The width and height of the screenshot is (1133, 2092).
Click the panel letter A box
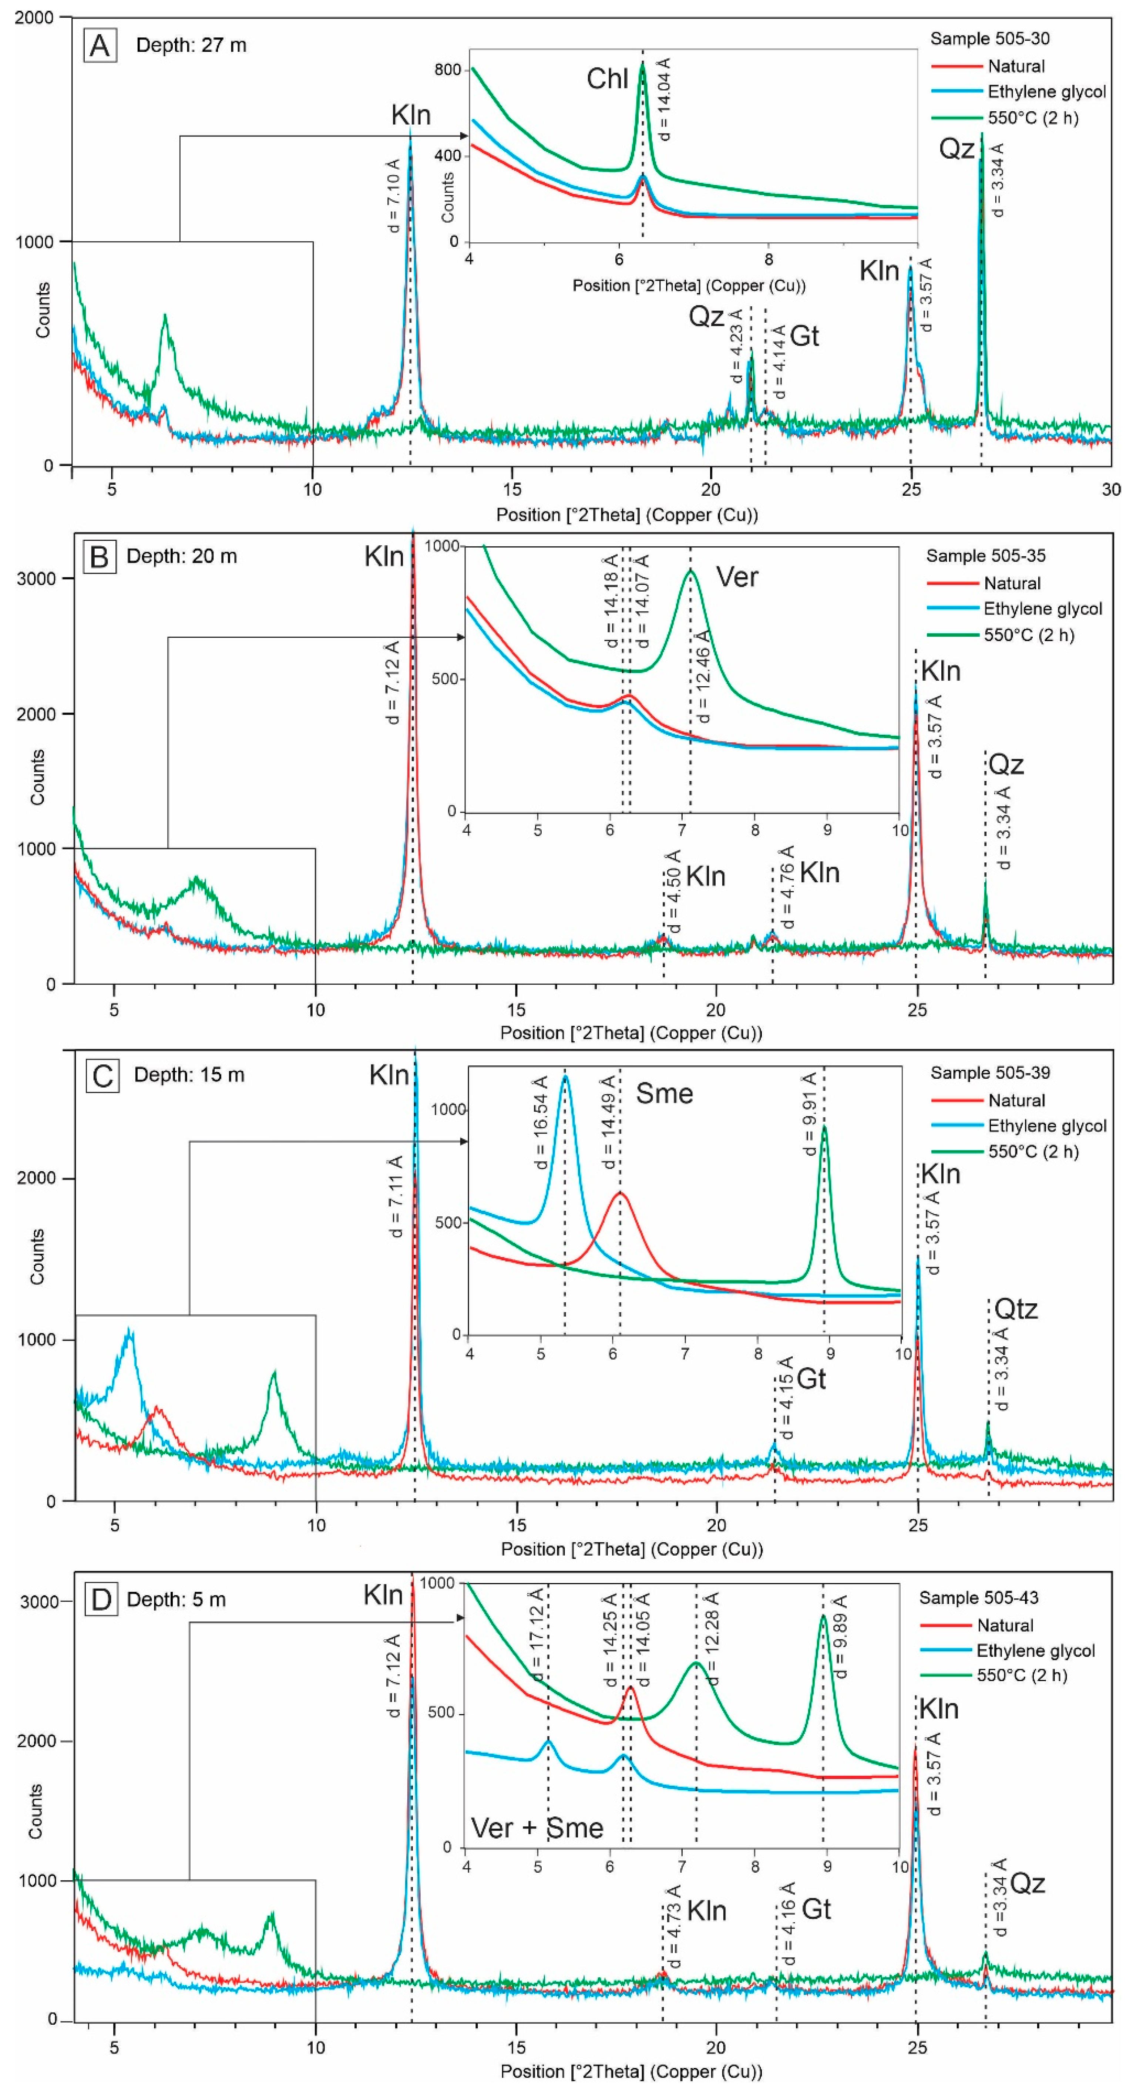(x=100, y=46)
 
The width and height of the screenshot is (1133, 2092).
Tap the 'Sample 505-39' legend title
(x=990, y=1073)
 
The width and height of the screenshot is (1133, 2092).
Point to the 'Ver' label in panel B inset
(x=737, y=577)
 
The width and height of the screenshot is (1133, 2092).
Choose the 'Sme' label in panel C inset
(x=664, y=1094)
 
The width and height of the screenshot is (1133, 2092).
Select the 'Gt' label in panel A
(x=804, y=336)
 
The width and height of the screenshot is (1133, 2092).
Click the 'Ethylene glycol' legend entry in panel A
(x=1046, y=92)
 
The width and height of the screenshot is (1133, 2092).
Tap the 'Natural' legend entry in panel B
(x=1012, y=583)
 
